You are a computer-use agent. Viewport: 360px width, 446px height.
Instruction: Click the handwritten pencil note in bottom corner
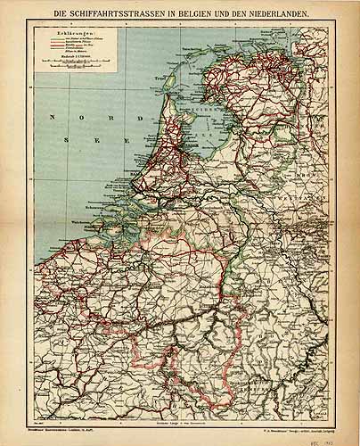(x=340, y=432)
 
